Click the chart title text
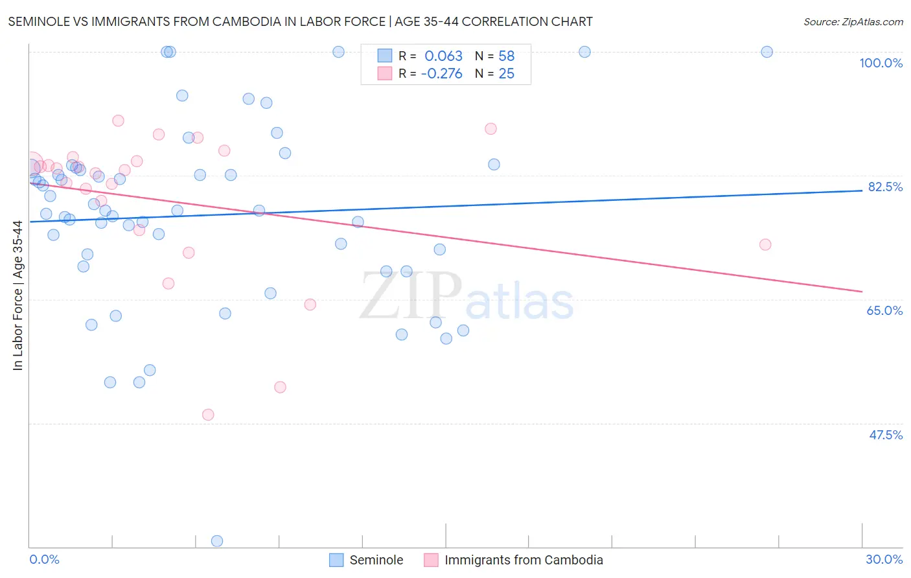click(300, 21)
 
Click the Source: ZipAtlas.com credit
click(853, 21)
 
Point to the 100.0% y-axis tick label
click(881, 63)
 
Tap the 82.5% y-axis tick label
click(885, 187)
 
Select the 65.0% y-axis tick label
click(884, 310)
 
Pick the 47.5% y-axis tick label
click(885, 435)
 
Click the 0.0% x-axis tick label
click(44, 559)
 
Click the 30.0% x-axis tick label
click(884, 559)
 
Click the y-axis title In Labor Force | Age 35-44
click(18, 295)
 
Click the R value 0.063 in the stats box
click(443, 56)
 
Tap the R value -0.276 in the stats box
click(441, 74)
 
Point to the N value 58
click(506, 56)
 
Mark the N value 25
click(506, 74)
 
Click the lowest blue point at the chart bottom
click(217, 541)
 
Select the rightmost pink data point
click(765, 244)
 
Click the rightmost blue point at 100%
click(767, 52)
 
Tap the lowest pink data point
click(208, 415)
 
